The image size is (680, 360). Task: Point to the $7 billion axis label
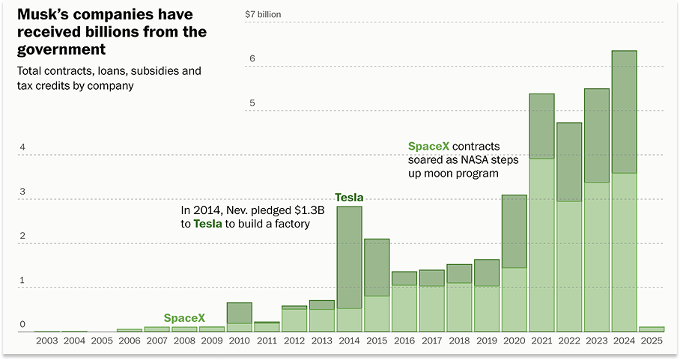(x=263, y=14)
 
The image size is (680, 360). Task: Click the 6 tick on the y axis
(x=252, y=58)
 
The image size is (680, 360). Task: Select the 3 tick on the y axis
(x=22, y=192)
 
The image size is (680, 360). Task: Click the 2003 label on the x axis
(x=46, y=341)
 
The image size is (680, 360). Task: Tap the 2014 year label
(x=349, y=341)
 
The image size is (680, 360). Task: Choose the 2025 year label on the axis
(x=652, y=341)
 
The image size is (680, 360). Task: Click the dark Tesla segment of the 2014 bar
(x=350, y=257)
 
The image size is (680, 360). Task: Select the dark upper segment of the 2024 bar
(x=624, y=112)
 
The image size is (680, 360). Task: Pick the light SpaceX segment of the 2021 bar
(x=541, y=245)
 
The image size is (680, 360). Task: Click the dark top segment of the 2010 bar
(x=240, y=313)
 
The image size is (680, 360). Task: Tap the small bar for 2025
(x=652, y=329)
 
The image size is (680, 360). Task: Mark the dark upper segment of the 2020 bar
(x=514, y=231)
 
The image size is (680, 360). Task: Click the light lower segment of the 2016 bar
(x=404, y=308)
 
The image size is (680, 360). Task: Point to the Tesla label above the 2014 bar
(x=349, y=198)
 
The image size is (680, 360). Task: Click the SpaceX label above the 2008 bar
(x=184, y=318)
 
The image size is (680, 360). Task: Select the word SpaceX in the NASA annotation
(x=428, y=146)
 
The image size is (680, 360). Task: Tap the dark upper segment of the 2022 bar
(x=569, y=162)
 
